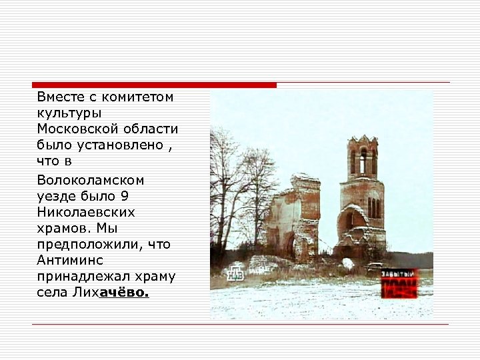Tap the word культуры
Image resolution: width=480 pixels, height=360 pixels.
tap(69, 113)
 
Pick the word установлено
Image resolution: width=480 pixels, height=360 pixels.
tap(126, 145)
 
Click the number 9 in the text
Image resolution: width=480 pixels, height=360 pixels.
tap(125, 196)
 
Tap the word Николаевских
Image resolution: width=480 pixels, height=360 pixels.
tap(86, 212)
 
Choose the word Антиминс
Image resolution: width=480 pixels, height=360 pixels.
tap(70, 260)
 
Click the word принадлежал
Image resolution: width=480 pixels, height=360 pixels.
tap(80, 276)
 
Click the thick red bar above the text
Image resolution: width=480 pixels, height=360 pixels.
tap(154, 85)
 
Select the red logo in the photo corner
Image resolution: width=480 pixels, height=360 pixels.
tap(399, 283)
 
